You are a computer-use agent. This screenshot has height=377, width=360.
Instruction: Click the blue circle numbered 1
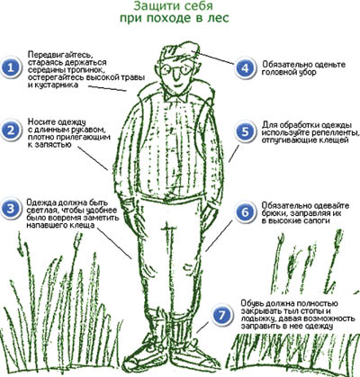pyautogui.click(x=11, y=67)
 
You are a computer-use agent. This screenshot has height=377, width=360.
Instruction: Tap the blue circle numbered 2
pyautogui.click(x=11, y=130)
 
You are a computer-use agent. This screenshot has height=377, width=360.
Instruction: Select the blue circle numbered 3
pyautogui.click(x=11, y=209)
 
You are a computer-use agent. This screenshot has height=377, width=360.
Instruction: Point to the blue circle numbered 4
pyautogui.click(x=245, y=68)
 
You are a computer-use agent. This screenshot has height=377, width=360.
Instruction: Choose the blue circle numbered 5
pyautogui.click(x=245, y=132)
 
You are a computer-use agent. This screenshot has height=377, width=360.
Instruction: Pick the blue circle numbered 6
pyautogui.click(x=245, y=212)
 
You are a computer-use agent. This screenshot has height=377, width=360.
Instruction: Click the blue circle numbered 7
pyautogui.click(x=221, y=315)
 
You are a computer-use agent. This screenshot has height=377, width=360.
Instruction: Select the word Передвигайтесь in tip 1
pyautogui.click(x=58, y=55)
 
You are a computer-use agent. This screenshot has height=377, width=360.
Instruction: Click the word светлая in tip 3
pyautogui.click(x=42, y=210)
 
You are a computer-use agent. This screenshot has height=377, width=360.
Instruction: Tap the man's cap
pyautogui.click(x=180, y=51)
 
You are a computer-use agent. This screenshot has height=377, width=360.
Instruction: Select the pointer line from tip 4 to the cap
pyautogui.click(x=213, y=58)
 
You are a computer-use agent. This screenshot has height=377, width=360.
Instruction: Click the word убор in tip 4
pyautogui.click(x=305, y=73)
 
